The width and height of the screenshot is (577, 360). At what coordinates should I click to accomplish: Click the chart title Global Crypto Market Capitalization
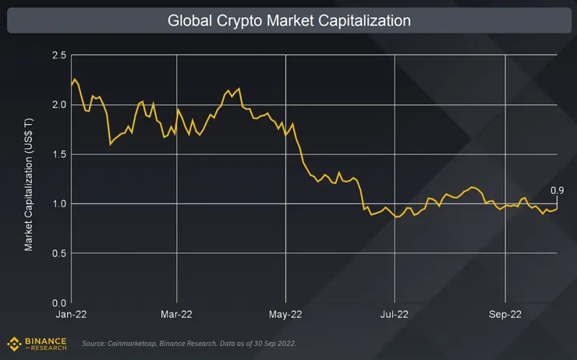(288, 20)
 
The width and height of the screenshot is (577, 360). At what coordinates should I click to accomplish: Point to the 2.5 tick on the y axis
(59, 55)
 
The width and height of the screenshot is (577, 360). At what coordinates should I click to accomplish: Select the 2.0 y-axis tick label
(59, 104)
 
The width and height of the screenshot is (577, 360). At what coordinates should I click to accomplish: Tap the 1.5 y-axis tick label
(59, 154)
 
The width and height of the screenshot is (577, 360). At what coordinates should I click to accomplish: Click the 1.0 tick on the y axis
(59, 203)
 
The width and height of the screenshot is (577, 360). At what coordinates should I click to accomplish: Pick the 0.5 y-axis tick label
(59, 253)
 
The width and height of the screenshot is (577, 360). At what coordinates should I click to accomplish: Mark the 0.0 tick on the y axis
(59, 302)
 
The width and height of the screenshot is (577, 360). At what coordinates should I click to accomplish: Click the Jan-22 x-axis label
(71, 315)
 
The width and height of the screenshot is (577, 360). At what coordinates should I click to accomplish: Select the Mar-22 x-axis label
(177, 315)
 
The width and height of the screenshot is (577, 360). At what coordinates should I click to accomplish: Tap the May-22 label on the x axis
(285, 315)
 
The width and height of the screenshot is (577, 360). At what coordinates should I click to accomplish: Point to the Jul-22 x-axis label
(395, 315)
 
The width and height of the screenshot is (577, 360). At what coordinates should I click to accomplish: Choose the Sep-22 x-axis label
(504, 315)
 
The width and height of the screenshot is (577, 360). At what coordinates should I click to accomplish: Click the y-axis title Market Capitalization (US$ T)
(29, 178)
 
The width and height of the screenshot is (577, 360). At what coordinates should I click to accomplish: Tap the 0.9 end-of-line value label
(558, 191)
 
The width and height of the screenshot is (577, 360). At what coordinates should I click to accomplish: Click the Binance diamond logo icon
(13, 342)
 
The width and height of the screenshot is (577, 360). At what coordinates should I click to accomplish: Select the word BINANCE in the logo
(44, 340)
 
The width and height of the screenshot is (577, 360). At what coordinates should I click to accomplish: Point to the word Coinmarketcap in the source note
(137, 344)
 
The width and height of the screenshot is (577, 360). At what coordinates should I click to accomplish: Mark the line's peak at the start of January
(73, 79)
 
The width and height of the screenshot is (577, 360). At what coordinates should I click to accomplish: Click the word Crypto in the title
(239, 20)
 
